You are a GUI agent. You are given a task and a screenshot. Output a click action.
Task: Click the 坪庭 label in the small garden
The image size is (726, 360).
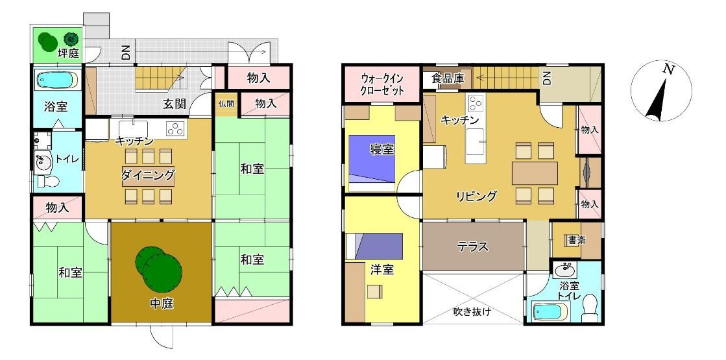pos(68,54)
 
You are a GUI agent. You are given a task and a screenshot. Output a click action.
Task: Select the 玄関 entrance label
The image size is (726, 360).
pos(174,104)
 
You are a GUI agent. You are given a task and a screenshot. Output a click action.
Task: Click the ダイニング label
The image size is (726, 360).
pos(148,175)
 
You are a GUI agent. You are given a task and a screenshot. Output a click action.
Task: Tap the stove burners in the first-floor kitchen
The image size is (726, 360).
pos(175,128)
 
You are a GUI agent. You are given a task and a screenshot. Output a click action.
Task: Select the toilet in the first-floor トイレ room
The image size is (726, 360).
pos(45,180)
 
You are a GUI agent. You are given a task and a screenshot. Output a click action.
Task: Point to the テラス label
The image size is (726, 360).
pos(474,246)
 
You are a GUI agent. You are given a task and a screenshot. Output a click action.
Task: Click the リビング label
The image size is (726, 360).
pos(476,196)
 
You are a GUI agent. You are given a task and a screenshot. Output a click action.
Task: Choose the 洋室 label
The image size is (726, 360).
pos(382,269)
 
